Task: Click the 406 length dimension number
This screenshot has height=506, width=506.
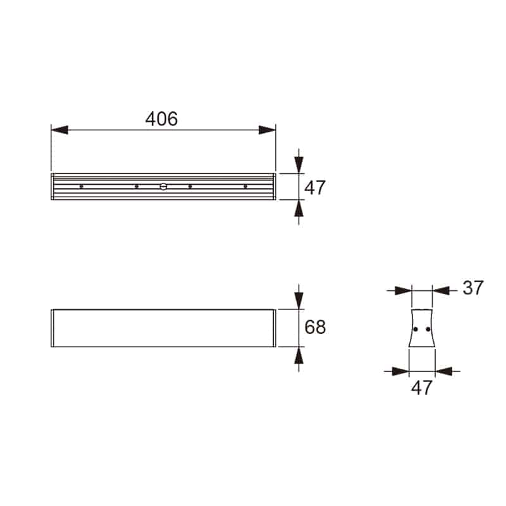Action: pyautogui.click(x=161, y=118)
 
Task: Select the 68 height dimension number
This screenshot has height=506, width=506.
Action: pyautogui.click(x=315, y=327)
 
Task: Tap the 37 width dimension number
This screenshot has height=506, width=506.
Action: pyautogui.click(x=472, y=288)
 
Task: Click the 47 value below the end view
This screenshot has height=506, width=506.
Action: pyautogui.click(x=421, y=388)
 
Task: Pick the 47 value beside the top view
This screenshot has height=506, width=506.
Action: pyautogui.click(x=315, y=188)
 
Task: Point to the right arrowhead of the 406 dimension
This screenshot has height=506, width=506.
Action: pyautogui.click(x=268, y=130)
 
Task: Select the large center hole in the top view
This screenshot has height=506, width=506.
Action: pyautogui.click(x=163, y=187)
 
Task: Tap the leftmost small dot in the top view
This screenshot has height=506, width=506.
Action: pyautogui.click(x=81, y=187)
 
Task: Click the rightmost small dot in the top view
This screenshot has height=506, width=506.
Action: pyautogui.click(x=245, y=187)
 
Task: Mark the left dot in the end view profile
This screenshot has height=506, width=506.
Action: pyautogui.click(x=416, y=329)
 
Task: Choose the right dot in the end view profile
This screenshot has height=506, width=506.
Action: pyautogui.click(x=428, y=329)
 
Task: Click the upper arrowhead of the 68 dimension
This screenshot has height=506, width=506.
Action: pyautogui.click(x=299, y=301)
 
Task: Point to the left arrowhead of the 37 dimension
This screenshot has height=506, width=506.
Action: pyautogui.click(x=403, y=291)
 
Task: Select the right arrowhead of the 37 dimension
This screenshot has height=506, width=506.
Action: pyautogui.click(x=441, y=291)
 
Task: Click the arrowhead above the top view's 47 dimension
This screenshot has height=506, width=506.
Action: pyautogui.click(x=299, y=164)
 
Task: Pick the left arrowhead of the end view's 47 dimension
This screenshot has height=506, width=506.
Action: pyautogui.click(x=400, y=371)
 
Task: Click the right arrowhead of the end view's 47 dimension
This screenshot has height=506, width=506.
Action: pyautogui.click(x=444, y=371)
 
